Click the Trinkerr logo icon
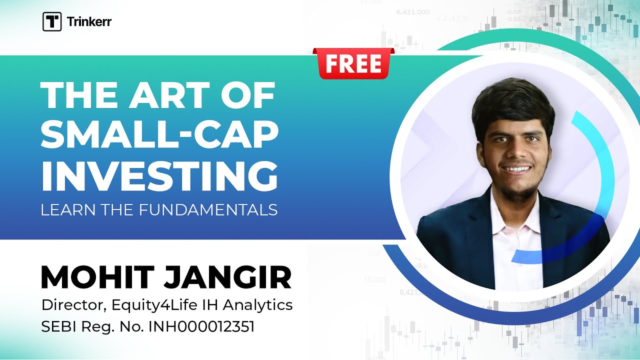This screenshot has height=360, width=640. tap(52, 22)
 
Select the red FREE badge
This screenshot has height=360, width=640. tap(353, 63)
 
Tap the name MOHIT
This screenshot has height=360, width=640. tap(97, 277)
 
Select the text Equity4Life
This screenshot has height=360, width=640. tap(150, 305)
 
